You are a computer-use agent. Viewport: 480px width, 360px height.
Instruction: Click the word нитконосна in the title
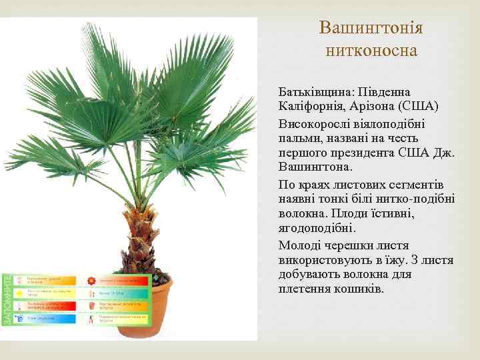[371, 50]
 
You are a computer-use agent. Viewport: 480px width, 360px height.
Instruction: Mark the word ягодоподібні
[318, 228]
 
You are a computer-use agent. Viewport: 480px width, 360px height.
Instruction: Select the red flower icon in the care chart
[91, 280]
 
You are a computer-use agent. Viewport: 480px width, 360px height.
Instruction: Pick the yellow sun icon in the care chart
[20, 292]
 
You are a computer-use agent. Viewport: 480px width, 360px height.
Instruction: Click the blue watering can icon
[20, 305]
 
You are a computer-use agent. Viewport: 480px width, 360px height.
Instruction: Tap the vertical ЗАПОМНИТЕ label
[7, 299]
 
